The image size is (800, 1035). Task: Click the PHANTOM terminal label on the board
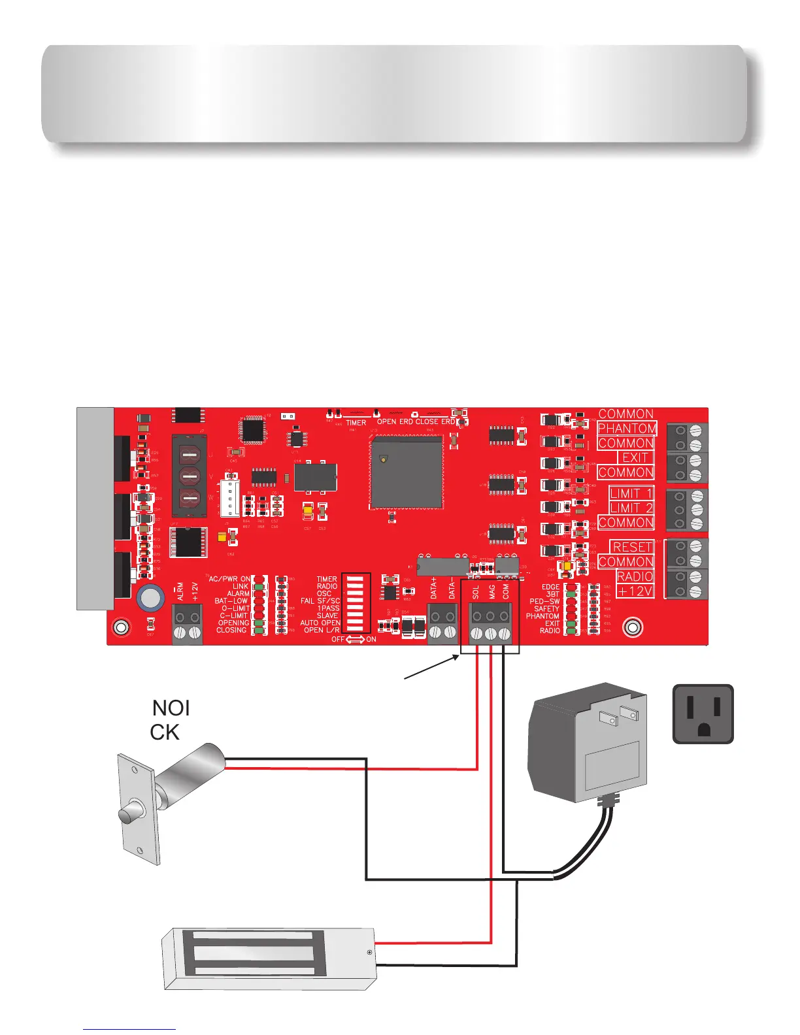627,429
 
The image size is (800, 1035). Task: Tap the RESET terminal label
632,547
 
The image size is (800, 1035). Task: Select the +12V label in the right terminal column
635,591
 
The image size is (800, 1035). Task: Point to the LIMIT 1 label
631,493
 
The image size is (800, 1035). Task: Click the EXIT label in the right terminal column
635,457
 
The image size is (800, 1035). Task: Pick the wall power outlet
703,714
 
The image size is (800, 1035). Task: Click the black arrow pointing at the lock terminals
431,668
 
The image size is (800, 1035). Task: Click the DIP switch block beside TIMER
356,603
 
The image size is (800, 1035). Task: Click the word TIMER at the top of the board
356,423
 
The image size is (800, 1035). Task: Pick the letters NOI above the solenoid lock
171,708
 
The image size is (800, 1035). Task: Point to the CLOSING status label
232,630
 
